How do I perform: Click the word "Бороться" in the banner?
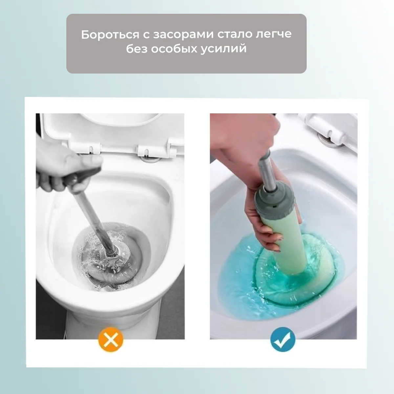110,34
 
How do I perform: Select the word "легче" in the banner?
274,34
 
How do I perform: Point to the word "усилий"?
223,49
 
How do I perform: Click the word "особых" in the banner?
174,49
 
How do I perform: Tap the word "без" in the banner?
137,49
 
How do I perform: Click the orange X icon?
111,339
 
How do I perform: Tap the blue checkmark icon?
283,339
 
